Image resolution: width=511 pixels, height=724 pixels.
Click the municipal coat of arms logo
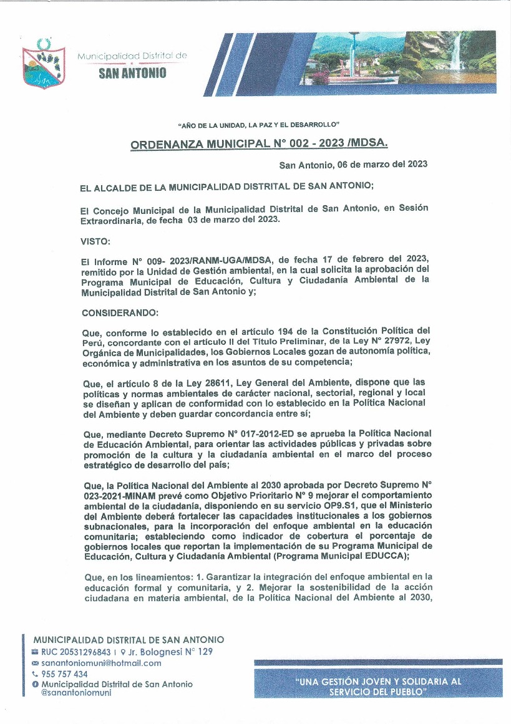(43, 64)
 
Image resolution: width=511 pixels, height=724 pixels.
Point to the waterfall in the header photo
(458, 52)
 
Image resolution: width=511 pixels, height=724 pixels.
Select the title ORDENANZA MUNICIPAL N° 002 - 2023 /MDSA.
(258, 144)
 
